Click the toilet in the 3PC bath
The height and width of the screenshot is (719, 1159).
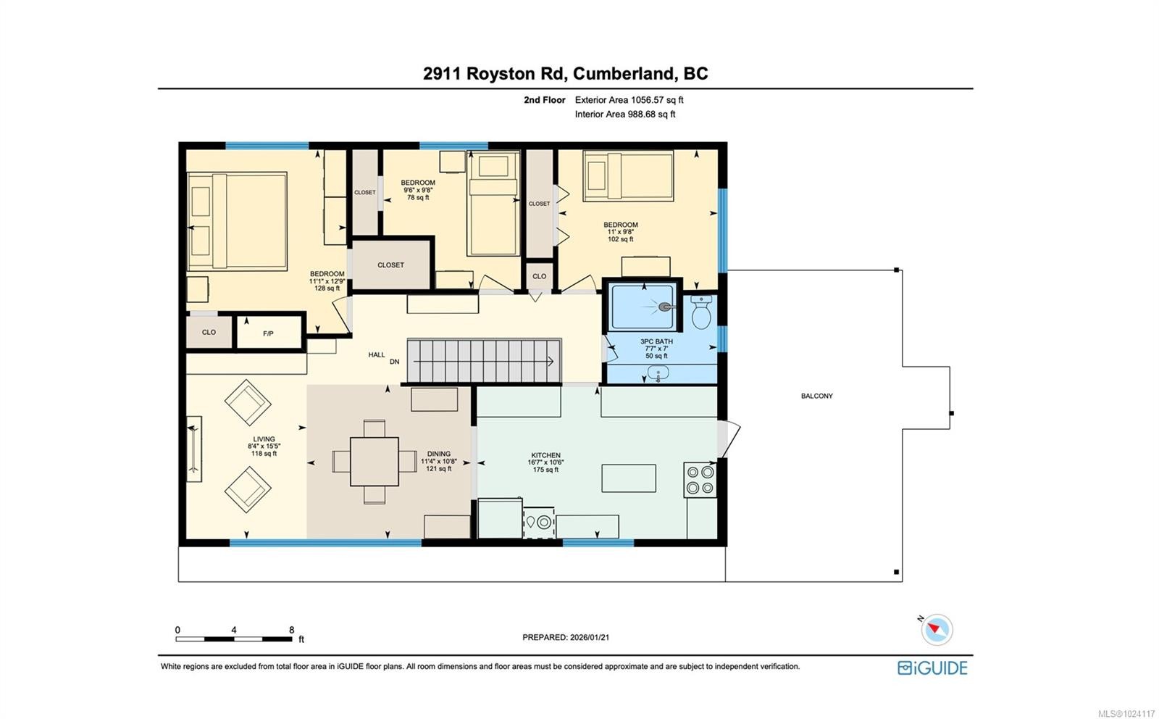coord(700,313)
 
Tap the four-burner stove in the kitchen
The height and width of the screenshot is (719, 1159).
coord(700,480)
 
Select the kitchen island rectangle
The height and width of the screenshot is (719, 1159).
coord(629,478)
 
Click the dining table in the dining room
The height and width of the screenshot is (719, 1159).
coord(374,462)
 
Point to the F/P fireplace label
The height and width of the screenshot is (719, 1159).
coord(268,333)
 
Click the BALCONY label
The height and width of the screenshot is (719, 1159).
coord(816,396)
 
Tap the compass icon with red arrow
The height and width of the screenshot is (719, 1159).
coord(937,629)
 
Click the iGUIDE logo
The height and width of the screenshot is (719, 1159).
coord(932,668)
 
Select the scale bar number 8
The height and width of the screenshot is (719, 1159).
coord(291,630)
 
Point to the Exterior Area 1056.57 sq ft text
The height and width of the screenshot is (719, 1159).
coord(629,100)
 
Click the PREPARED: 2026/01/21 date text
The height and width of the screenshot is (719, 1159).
coord(566,637)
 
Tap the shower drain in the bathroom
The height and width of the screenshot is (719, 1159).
coord(664,307)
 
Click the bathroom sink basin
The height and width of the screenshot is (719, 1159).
coord(658,374)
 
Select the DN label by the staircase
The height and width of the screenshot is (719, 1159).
coord(395,362)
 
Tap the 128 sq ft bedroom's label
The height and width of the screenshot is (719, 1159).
coord(327,280)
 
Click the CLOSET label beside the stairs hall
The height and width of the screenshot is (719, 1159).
coord(390,265)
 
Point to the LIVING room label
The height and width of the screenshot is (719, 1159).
coord(264,439)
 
